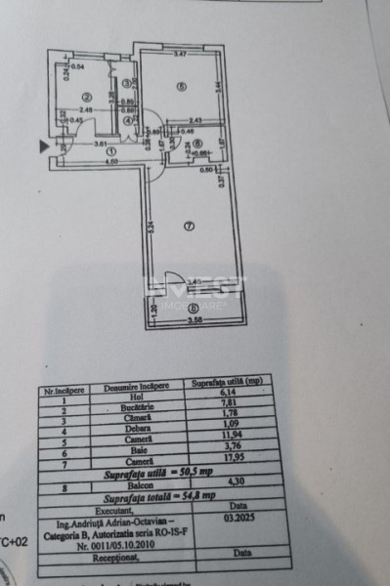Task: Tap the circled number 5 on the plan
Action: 181,86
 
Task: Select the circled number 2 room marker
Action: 86,96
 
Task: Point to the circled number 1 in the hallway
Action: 110,151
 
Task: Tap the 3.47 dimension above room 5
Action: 181,53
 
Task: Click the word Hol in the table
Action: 122,398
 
